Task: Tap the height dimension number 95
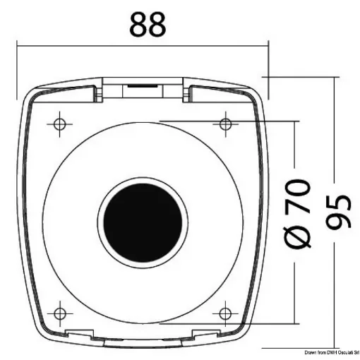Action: click(340, 211)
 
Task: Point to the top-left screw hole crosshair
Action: click(59, 124)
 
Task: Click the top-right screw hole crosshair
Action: click(225, 124)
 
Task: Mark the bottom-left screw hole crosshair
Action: click(59, 311)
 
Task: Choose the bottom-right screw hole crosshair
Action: click(225, 311)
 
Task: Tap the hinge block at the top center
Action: click(143, 88)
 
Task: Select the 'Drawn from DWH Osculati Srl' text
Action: click(331, 352)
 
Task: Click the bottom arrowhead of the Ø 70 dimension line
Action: click(291, 318)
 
